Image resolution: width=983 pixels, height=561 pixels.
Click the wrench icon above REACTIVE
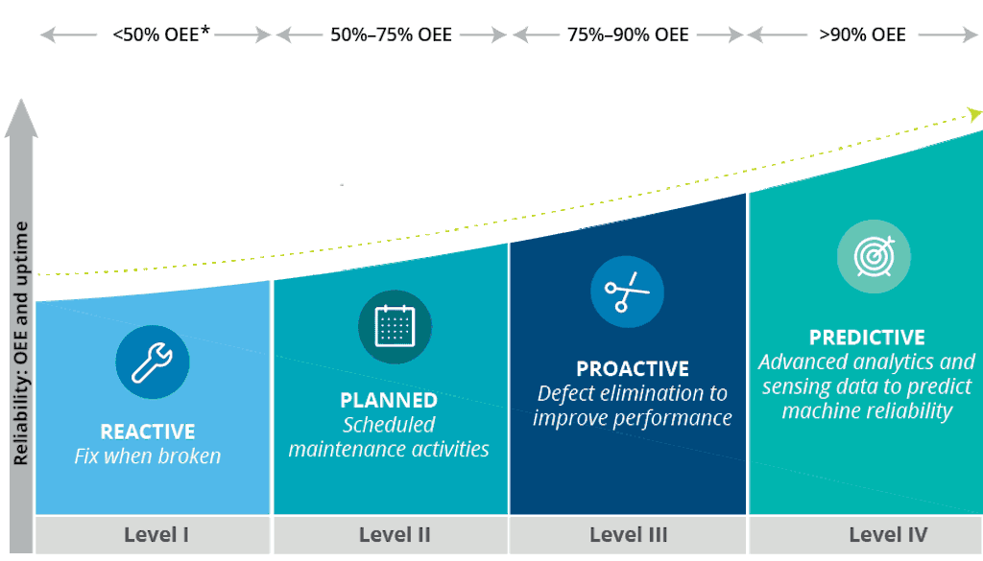(152, 363)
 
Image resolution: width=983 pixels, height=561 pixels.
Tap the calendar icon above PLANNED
(395, 327)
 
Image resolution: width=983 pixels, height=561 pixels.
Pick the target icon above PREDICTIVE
(873, 256)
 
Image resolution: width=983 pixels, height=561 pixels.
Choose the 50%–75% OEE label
(391, 35)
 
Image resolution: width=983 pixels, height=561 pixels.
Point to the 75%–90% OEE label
(628, 35)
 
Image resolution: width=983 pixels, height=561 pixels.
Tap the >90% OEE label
(862, 35)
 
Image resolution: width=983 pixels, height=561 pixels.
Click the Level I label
(156, 535)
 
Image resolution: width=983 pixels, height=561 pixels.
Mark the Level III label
(629, 535)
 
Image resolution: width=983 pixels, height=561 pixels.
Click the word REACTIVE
(148, 432)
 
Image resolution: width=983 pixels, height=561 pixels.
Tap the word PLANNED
(389, 400)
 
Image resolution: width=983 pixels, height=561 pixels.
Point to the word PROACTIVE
(633, 369)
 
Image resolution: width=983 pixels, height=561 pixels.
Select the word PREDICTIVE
(867, 338)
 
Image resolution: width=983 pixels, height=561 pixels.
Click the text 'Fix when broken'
(148, 456)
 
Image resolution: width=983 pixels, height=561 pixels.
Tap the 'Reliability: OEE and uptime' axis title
(20, 343)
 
